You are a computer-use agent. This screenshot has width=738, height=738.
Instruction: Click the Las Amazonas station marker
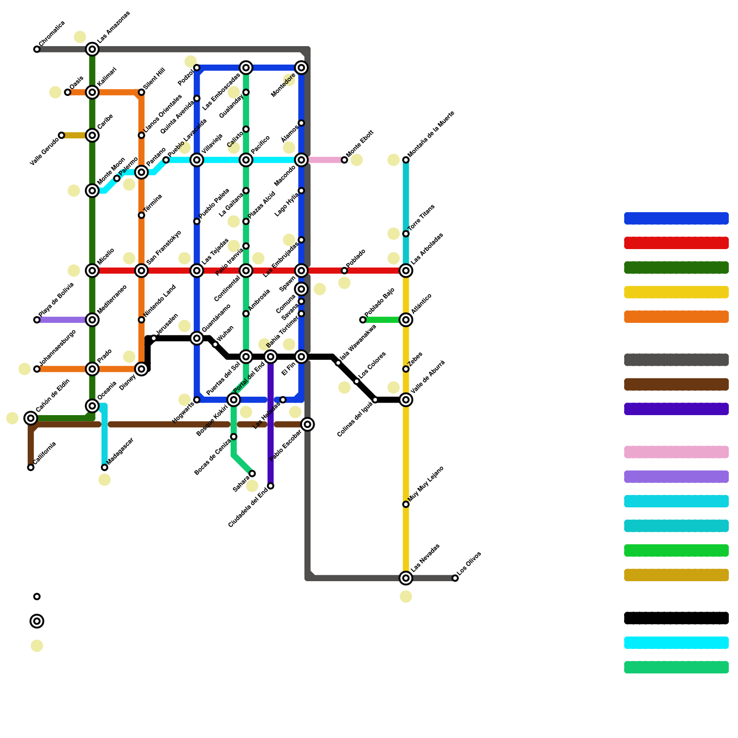tap(92, 49)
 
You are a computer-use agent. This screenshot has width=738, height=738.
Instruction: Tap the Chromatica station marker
tap(37, 49)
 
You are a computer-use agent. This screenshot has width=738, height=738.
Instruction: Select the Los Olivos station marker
tap(455, 578)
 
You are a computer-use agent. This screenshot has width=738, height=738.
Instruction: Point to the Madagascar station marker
tap(105, 468)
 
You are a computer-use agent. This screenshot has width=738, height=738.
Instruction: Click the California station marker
tap(31, 468)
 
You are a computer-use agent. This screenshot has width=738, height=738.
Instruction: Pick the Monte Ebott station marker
tap(345, 160)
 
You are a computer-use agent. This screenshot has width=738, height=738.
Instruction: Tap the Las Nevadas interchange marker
tap(406, 578)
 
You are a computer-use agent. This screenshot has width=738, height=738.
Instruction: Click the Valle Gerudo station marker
tap(61, 135)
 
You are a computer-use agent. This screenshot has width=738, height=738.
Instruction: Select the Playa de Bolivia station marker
tap(37, 320)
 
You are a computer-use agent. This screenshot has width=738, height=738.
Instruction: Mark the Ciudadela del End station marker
tap(271, 486)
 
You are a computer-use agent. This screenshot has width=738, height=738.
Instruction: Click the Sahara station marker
tap(252, 474)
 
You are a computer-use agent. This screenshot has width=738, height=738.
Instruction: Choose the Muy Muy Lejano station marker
tap(406, 504)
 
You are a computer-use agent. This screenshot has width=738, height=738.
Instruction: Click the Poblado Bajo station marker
tap(363, 320)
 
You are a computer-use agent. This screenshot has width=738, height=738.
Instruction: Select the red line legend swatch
tap(676, 243)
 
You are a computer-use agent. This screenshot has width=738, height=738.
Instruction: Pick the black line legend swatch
tap(676, 618)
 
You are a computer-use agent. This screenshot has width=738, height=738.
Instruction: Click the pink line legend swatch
tap(676, 452)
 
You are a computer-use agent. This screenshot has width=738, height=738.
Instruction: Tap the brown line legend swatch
tap(676, 384)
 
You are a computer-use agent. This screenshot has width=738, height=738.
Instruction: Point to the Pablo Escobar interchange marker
tap(308, 424)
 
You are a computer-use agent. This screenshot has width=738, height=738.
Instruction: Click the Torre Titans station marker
tap(406, 234)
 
